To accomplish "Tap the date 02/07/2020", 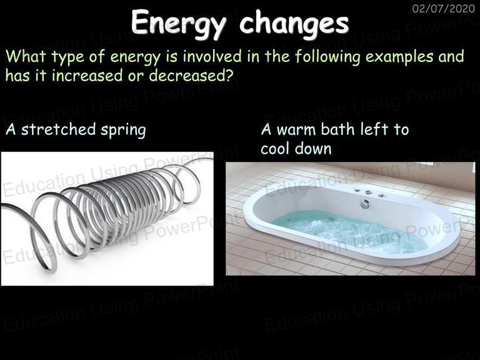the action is (x=444, y=8).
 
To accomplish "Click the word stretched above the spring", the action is (x=59, y=129).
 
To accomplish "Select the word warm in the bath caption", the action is (x=296, y=130).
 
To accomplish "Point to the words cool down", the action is (x=296, y=149).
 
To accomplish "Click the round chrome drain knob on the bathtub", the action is (x=364, y=204).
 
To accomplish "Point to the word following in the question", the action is (x=327, y=57).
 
